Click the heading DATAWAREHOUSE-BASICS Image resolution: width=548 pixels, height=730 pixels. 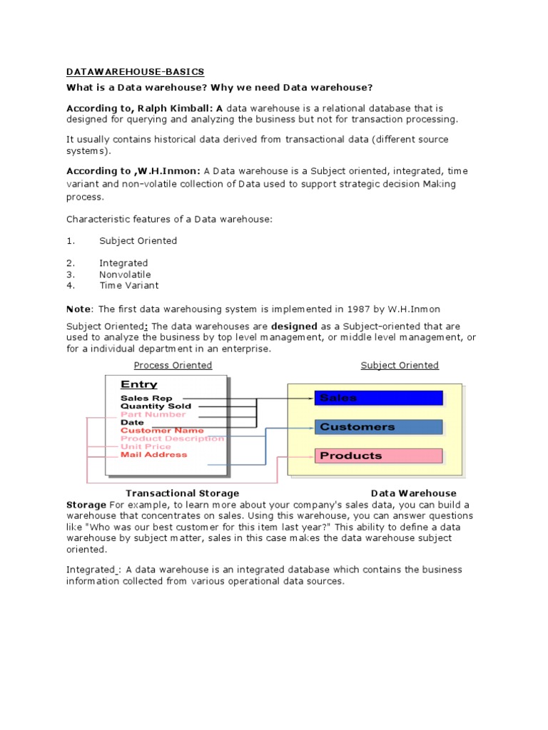pos(135,72)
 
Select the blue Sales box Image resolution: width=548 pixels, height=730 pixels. pos(378,398)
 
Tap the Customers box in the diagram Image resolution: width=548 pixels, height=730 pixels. pos(378,427)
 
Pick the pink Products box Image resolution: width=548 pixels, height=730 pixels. pos(378,456)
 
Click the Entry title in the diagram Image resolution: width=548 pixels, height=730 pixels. pos(138,385)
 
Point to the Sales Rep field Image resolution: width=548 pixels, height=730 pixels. pos(146,399)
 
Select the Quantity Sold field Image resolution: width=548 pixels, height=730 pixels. pos(156,406)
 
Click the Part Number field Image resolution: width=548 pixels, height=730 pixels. pos(153,414)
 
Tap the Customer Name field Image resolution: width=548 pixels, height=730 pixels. pos(162,431)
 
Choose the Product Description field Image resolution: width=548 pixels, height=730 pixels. pos(172,438)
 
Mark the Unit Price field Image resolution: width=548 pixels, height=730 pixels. pos(146,446)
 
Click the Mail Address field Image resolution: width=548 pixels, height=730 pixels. pos(154,454)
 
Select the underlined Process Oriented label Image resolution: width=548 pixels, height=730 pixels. pos(173,366)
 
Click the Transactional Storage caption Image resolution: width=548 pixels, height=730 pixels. pos(182,493)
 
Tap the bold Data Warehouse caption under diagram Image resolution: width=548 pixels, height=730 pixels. pos(413,493)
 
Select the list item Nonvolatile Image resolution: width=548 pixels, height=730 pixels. pos(125,274)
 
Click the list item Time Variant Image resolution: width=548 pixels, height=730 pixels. pos(128,286)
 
